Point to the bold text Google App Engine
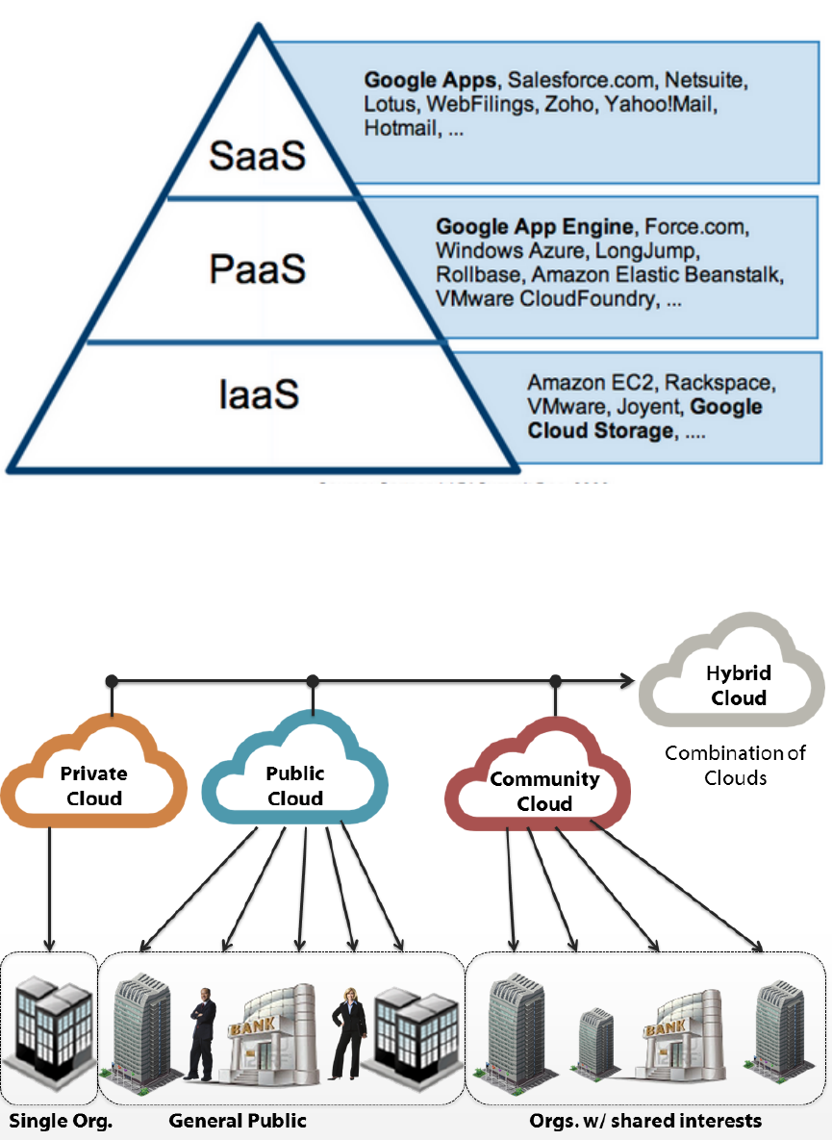[x=535, y=227]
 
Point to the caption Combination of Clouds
[x=736, y=765]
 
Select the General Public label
[x=238, y=1120]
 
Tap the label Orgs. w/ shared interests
[x=645, y=1120]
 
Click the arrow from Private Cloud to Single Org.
[x=49, y=885]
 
